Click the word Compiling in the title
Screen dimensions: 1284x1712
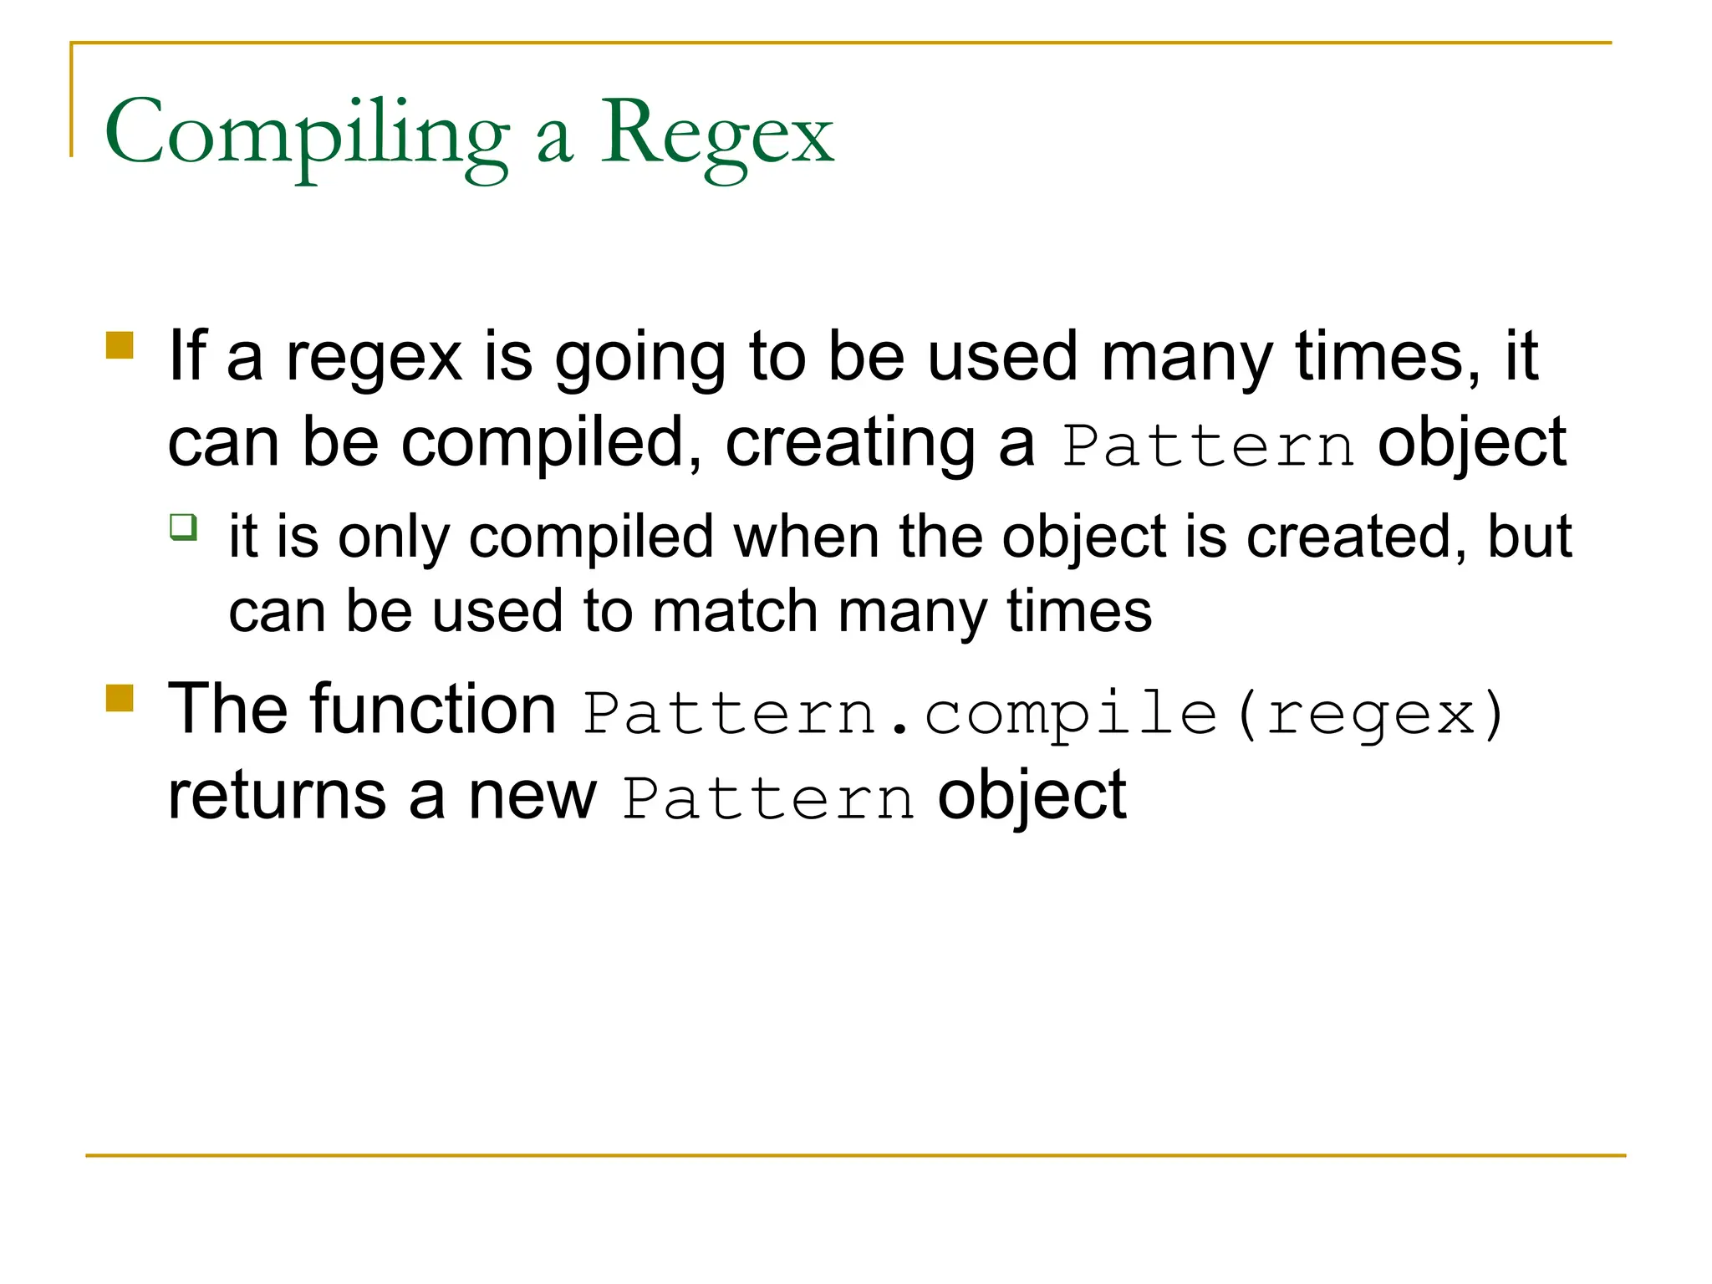click(306, 134)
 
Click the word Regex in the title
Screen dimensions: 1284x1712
click(716, 134)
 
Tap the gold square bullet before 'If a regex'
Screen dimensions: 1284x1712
click(120, 345)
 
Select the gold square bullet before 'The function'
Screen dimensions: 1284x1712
click(120, 698)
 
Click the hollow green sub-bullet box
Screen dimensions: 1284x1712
click(183, 527)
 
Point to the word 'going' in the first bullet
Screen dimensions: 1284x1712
click(640, 358)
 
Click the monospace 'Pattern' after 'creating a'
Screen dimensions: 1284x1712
click(1207, 446)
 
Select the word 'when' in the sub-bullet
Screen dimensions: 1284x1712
click(807, 537)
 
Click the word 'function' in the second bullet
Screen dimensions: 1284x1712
click(435, 709)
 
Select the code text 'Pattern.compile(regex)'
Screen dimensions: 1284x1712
click(1043, 713)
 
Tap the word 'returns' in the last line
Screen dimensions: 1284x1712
click(277, 796)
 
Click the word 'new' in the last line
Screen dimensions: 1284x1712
click(532, 796)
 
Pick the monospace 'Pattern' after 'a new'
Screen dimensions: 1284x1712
click(768, 799)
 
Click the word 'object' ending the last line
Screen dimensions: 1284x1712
click(1032, 796)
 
